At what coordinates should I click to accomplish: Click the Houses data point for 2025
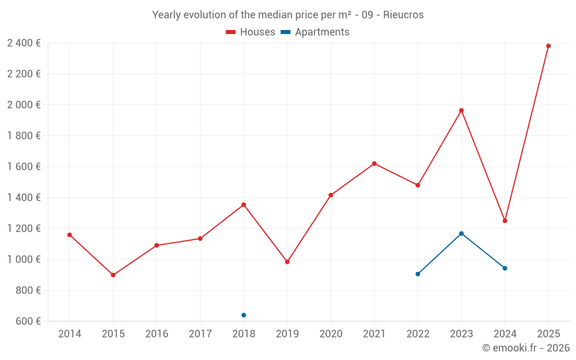click(x=548, y=46)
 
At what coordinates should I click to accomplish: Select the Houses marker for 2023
click(x=461, y=111)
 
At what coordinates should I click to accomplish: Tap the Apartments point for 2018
click(x=244, y=315)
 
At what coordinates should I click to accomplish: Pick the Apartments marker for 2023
click(x=461, y=233)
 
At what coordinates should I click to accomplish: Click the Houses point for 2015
click(x=113, y=275)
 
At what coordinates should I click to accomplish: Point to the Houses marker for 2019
click(x=287, y=262)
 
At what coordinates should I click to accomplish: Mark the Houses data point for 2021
click(x=374, y=164)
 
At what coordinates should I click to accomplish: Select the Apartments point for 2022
click(x=418, y=274)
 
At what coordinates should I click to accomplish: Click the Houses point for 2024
click(x=505, y=221)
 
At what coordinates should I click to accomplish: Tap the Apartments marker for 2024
click(x=505, y=268)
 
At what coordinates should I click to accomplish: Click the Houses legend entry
click(x=251, y=32)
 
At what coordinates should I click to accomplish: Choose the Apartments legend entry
click(x=315, y=32)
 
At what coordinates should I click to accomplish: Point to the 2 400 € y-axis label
click(x=24, y=43)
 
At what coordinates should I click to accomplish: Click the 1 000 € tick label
click(x=24, y=260)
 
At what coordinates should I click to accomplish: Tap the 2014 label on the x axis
click(x=70, y=334)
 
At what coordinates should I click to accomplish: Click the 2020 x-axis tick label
click(x=331, y=334)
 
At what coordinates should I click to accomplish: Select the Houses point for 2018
click(x=244, y=204)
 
